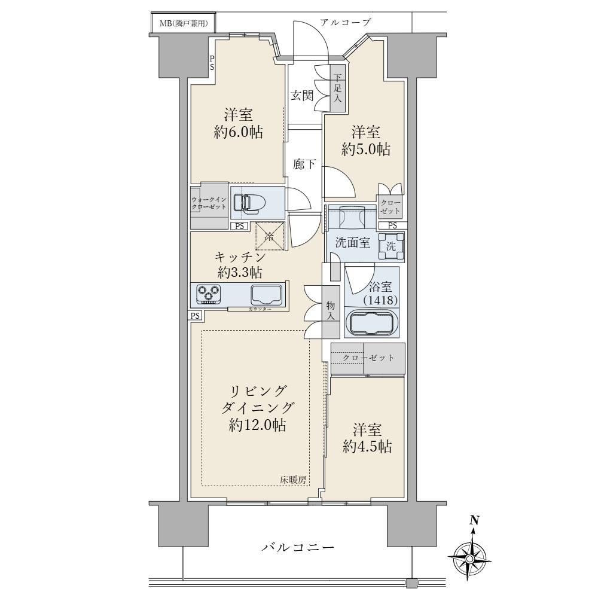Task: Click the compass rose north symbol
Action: click(469, 553)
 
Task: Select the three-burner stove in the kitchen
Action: click(209, 294)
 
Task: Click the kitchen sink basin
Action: click(267, 294)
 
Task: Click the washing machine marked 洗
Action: click(391, 246)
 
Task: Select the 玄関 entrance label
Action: click(302, 95)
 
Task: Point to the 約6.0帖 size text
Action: click(239, 132)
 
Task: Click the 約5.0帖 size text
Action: click(366, 149)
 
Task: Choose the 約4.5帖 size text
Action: click(367, 446)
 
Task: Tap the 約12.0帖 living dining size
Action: click(257, 425)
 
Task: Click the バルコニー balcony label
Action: click(298, 548)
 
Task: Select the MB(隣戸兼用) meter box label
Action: click(184, 24)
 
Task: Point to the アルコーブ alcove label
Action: click(345, 22)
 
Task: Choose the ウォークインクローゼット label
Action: click(209, 203)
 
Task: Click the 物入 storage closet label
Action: click(330, 311)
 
